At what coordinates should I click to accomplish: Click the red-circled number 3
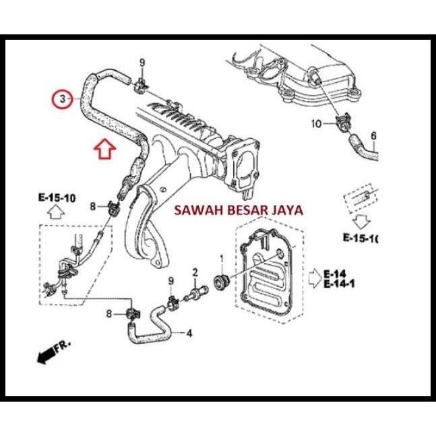click(x=62, y=99)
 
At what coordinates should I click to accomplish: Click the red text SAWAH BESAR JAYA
click(x=239, y=210)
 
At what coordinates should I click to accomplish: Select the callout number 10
click(x=317, y=123)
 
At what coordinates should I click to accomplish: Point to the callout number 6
click(x=373, y=135)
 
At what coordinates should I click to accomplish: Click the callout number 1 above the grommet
click(x=220, y=259)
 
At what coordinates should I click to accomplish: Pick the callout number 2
click(x=195, y=272)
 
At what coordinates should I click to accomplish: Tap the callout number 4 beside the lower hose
click(x=189, y=333)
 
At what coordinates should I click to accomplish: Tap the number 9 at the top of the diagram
click(x=142, y=63)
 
